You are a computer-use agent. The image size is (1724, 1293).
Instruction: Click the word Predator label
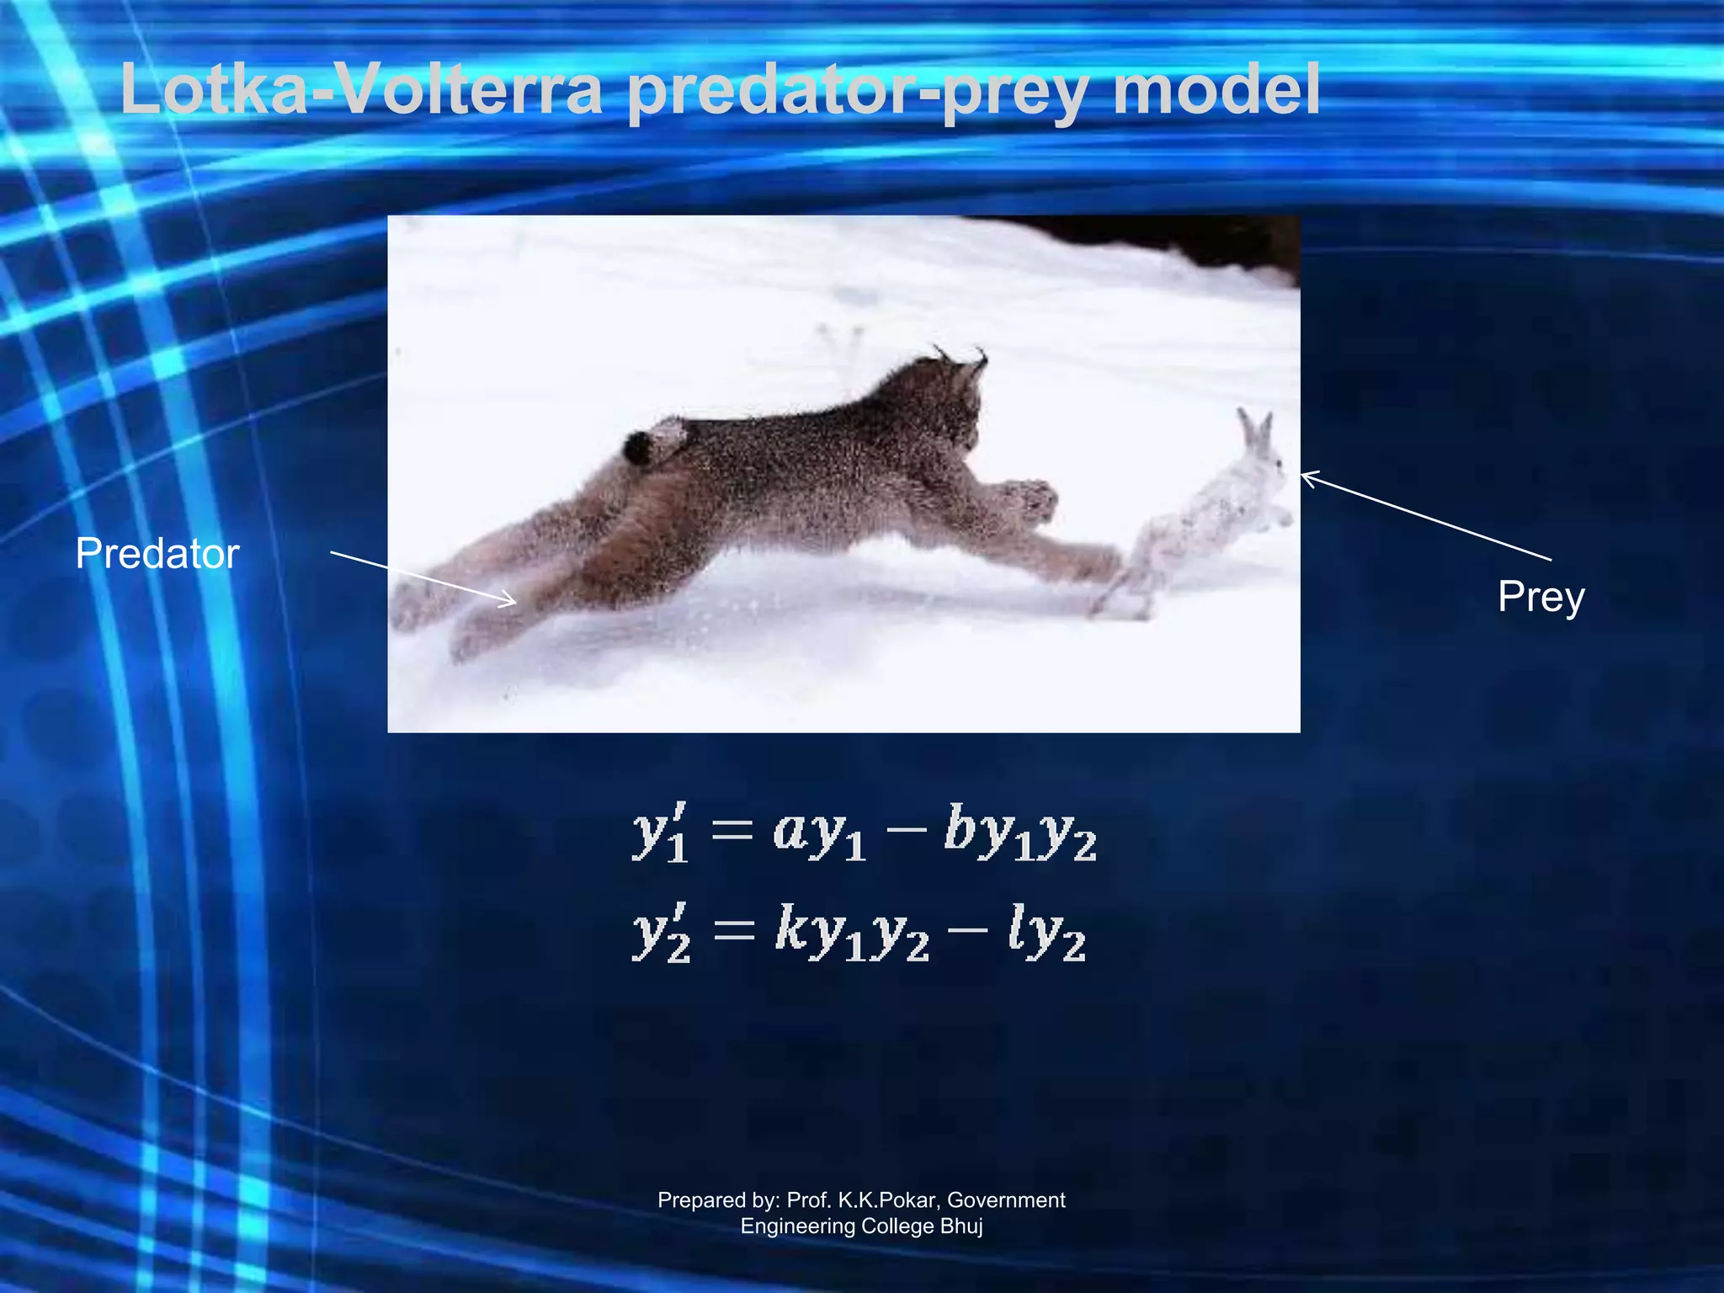[x=157, y=554]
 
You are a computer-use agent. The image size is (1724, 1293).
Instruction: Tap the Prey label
[x=1540, y=598]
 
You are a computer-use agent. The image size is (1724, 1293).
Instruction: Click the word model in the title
[x=1216, y=90]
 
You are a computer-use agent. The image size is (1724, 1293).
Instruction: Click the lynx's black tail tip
[x=637, y=448]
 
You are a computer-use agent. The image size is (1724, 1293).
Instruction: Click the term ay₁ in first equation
[x=819, y=833]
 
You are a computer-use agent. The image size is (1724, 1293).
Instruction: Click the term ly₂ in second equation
[x=1047, y=933]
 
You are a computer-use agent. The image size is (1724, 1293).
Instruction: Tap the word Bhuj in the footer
[x=961, y=1226]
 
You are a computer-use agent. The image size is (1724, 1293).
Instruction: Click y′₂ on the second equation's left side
[x=662, y=933]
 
